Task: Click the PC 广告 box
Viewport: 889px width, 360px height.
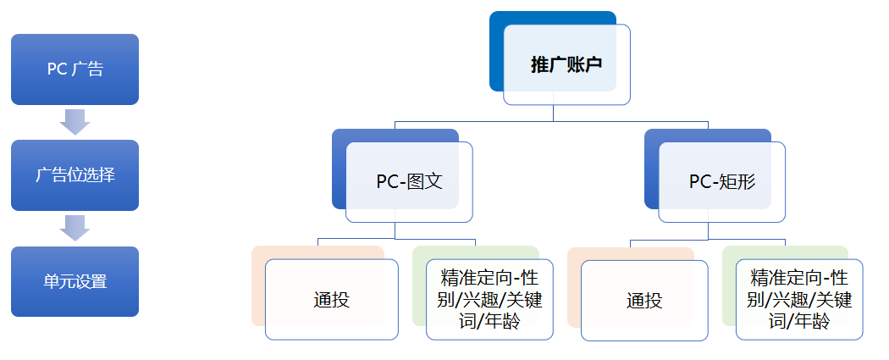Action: click(75, 69)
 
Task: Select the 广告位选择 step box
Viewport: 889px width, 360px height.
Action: click(75, 175)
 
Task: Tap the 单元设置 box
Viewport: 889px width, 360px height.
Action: click(75, 281)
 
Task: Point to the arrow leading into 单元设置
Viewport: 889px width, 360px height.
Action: click(75, 228)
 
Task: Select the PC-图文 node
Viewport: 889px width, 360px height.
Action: click(409, 182)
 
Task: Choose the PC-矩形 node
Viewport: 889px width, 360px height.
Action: click(721, 182)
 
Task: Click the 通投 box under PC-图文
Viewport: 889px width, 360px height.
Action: click(331, 300)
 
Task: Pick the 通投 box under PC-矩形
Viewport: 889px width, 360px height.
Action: click(644, 301)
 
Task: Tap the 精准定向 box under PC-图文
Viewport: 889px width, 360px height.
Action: click(489, 300)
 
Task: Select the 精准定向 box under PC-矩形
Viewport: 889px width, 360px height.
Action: click(799, 300)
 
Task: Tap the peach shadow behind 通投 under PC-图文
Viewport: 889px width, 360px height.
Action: click(258, 288)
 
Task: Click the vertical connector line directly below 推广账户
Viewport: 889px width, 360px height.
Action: click(554, 114)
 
